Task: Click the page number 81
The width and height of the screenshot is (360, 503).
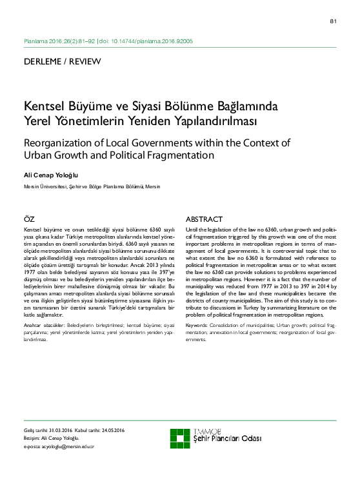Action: click(x=333, y=21)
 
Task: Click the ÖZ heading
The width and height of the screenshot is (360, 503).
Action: click(x=29, y=219)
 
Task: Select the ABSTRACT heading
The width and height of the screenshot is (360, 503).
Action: click(x=204, y=219)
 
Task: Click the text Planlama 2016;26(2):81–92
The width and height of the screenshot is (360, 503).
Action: click(x=59, y=41)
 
